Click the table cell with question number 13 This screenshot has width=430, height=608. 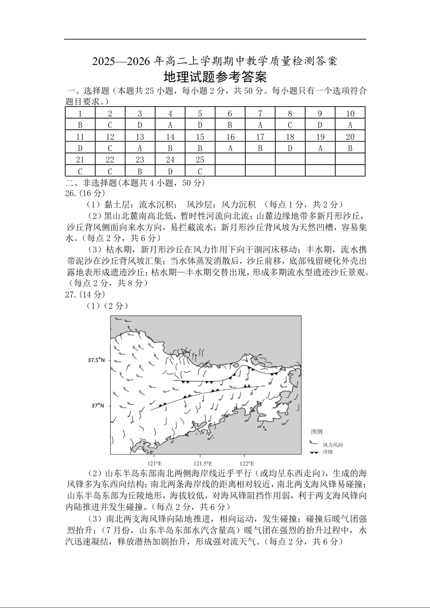140,137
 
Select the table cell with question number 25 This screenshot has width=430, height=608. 200,159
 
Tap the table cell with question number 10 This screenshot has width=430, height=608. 350,113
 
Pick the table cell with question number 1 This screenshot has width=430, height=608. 80,113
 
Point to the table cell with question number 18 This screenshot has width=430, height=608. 290,137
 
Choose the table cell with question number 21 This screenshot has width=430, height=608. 80,159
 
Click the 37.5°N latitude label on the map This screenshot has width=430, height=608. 97,360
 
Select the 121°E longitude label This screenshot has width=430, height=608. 155,463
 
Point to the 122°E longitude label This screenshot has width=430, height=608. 247,463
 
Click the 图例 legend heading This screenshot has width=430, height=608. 317,431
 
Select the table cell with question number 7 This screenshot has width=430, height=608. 260,113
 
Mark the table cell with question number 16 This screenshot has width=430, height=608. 230,137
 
